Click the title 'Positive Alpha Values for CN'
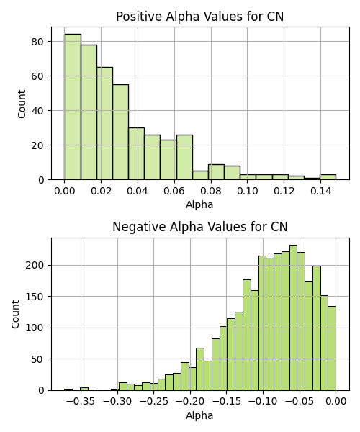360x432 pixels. (x=199, y=17)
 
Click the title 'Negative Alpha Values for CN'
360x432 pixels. (x=199, y=227)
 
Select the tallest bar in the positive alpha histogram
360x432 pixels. (x=73, y=107)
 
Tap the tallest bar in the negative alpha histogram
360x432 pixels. (x=294, y=318)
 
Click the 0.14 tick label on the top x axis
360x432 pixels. (x=320, y=191)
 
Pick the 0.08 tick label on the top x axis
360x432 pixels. (x=211, y=191)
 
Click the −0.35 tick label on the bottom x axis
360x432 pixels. (x=81, y=402)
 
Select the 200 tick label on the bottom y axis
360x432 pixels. (x=35, y=265)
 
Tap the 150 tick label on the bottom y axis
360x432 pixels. (x=35, y=297)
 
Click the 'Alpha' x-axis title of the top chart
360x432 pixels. (x=199, y=204)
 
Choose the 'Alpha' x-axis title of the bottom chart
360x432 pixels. (x=199, y=415)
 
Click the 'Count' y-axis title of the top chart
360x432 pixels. (x=22, y=104)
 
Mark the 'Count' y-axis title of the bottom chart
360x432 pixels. (x=15, y=315)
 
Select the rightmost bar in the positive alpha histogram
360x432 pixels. (x=328, y=177)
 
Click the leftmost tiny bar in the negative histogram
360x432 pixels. (x=68, y=390)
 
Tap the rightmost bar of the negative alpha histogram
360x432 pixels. (x=332, y=348)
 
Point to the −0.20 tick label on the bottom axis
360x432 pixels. (x=190, y=402)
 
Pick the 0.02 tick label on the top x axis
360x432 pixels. (x=101, y=191)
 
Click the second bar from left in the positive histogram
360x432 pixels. (x=89, y=112)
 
